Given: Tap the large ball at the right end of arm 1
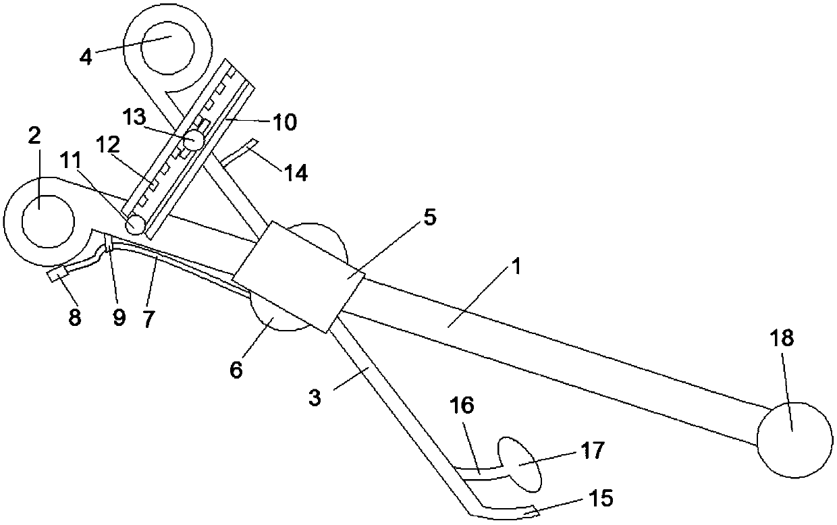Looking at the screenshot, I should pyautogui.click(x=794, y=439).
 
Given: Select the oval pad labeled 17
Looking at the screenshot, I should pyautogui.click(x=519, y=466).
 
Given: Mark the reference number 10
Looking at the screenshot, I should pyautogui.click(x=283, y=122).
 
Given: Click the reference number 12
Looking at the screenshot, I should pyautogui.click(x=109, y=144).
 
